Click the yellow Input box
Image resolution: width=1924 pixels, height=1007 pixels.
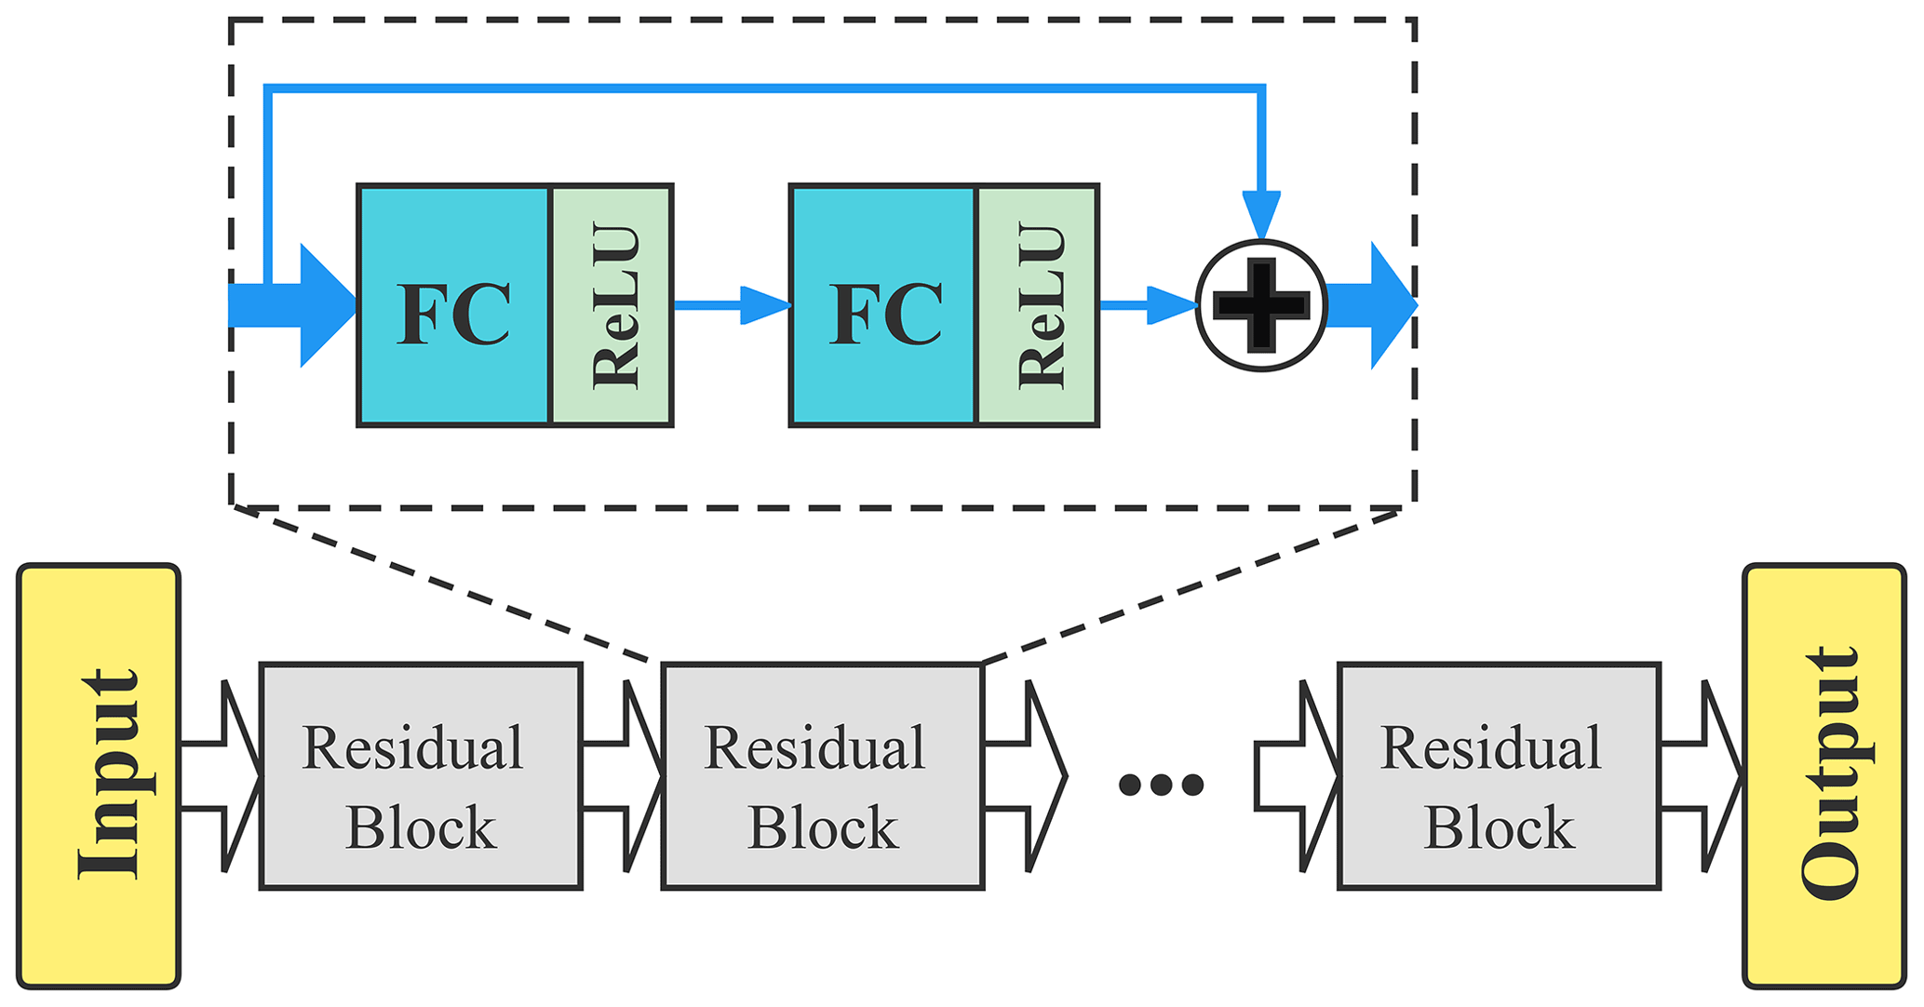(99, 775)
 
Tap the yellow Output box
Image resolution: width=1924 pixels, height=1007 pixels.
(1823, 775)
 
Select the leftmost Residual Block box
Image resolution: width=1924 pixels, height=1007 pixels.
(421, 775)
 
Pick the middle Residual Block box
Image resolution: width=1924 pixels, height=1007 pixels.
(823, 775)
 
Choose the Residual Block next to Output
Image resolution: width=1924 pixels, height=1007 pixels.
(1499, 775)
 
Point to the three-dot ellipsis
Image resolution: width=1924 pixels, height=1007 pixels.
(1161, 785)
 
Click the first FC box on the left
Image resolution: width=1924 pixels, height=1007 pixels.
(454, 305)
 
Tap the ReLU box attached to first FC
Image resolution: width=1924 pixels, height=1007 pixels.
(612, 305)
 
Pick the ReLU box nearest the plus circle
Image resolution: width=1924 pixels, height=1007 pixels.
(1038, 305)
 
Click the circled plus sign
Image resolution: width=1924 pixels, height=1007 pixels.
(1261, 305)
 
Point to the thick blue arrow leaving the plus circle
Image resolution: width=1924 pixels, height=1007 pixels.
(1370, 305)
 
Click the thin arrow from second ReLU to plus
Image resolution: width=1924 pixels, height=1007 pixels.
(1149, 305)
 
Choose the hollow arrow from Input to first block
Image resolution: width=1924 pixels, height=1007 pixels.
(222, 775)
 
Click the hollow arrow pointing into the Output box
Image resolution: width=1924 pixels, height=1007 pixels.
(1702, 775)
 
